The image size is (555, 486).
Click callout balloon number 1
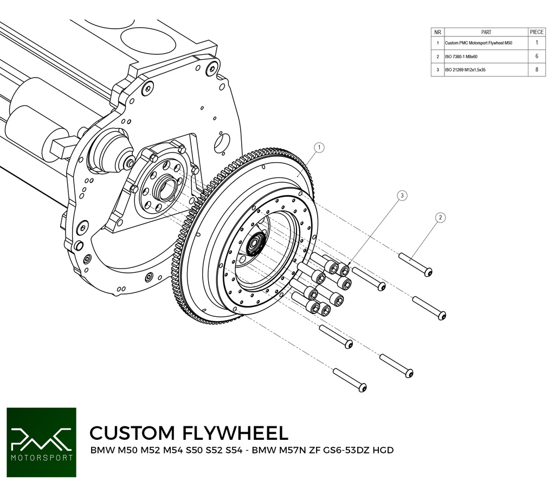pyautogui.click(x=320, y=147)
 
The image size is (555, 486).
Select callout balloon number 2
pyautogui.click(x=441, y=218)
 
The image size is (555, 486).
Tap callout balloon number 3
pyautogui.click(x=402, y=195)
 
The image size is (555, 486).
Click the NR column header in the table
pyautogui.click(x=437, y=32)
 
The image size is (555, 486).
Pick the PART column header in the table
pyautogui.click(x=486, y=32)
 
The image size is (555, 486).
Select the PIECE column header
pyautogui.click(x=537, y=32)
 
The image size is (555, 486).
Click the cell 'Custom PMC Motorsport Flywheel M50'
pyautogui.click(x=478, y=42)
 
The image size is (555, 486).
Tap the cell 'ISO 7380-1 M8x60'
pyautogui.click(x=461, y=56)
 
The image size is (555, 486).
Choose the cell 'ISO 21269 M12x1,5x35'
pyautogui.click(x=464, y=70)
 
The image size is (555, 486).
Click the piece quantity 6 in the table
pyautogui.click(x=537, y=56)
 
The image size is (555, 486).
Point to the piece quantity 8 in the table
pyautogui.click(x=537, y=70)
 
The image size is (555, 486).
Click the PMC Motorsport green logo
pyautogui.click(x=41, y=442)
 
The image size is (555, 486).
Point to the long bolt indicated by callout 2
pyautogui.click(x=416, y=265)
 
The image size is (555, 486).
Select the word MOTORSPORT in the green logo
pyautogui.click(x=41, y=457)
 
